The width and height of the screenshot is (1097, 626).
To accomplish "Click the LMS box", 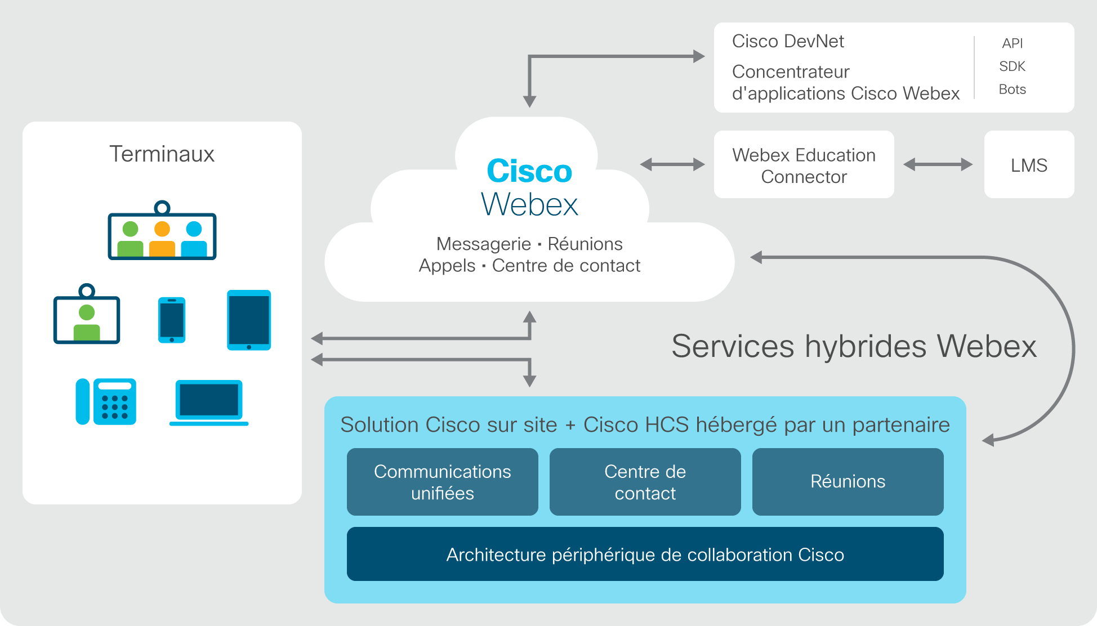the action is click(x=1029, y=164).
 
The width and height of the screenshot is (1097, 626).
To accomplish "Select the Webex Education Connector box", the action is click(x=804, y=164).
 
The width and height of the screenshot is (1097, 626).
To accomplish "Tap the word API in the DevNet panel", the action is click(x=1012, y=43).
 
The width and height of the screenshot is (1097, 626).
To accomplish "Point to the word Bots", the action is click(x=1012, y=90).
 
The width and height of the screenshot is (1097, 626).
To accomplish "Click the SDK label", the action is click(x=1012, y=66).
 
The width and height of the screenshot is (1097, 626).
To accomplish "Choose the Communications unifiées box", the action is click(x=442, y=482).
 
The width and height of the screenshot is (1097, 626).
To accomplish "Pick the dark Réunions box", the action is click(x=848, y=482).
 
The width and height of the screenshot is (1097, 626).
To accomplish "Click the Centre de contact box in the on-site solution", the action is click(x=645, y=482).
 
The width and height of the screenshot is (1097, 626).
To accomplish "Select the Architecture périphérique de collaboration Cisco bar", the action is click(x=645, y=554).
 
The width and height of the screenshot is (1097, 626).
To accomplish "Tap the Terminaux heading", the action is click(x=162, y=154).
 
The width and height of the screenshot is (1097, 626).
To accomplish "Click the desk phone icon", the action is click(x=106, y=401).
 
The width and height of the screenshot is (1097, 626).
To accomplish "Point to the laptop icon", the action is click(x=209, y=403).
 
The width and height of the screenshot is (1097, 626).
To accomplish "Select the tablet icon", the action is click(x=249, y=320).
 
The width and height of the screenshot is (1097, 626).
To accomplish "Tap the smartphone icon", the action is click(x=172, y=320).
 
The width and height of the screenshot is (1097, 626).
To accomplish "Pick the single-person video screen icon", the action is click(x=87, y=314).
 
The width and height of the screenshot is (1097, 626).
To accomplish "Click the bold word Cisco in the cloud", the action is click(x=529, y=171).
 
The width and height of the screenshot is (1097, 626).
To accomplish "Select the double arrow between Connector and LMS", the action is click(x=938, y=164).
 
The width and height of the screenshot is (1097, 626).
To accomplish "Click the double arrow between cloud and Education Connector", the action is click(x=672, y=164).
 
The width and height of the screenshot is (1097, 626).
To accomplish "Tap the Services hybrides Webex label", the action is click(x=854, y=346).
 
